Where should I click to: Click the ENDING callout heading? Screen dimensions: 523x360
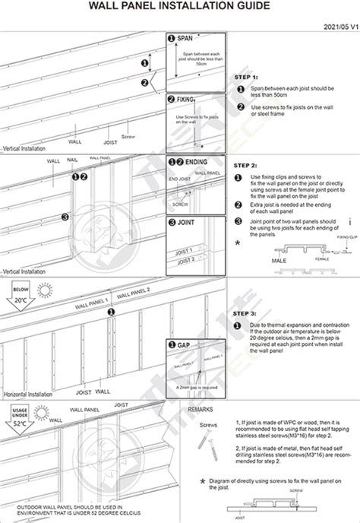[197, 162]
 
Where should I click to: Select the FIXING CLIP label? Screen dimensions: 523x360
[337, 236]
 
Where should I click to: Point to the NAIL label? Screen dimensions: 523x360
[73, 160]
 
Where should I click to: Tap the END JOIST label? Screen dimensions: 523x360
[179, 178]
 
